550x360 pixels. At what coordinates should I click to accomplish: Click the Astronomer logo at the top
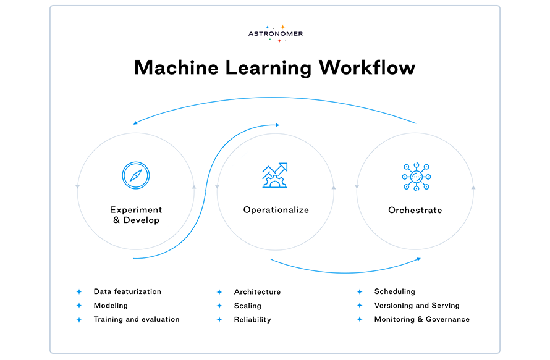point(275,33)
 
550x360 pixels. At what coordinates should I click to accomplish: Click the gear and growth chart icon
point(275,175)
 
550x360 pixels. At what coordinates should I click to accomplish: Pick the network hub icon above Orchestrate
point(415,176)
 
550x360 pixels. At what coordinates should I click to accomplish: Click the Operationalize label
point(276,210)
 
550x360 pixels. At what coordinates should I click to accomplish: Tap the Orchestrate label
point(415,211)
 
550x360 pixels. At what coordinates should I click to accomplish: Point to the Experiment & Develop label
point(136,215)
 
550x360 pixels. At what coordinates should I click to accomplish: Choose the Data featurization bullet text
point(127,291)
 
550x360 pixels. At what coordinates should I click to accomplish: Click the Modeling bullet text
point(111,306)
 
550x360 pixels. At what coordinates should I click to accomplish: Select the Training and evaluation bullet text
point(137,320)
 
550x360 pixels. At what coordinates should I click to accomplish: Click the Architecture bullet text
point(257,292)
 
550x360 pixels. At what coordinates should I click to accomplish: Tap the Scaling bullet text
point(247,306)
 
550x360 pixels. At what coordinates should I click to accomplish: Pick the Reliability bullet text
point(252,320)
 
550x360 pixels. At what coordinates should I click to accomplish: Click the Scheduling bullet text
point(394,291)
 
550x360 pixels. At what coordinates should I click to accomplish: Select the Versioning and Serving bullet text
point(417,306)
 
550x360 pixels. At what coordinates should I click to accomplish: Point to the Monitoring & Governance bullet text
point(421,320)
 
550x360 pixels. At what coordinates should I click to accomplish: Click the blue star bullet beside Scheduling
point(360,291)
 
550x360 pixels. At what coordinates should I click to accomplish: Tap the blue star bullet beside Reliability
point(219,320)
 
